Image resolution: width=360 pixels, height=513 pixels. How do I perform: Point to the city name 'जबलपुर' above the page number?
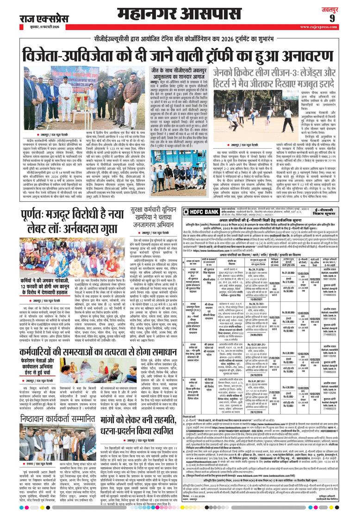[x=344, y=7]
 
